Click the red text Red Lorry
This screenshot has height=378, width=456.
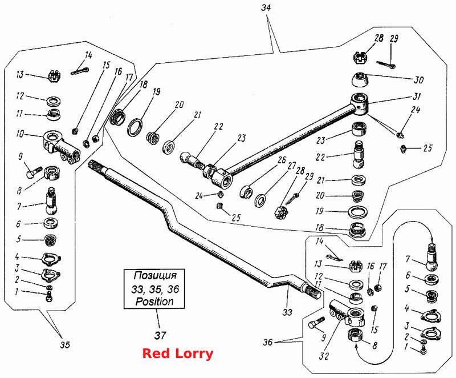click(178, 353)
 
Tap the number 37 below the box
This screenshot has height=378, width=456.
click(160, 336)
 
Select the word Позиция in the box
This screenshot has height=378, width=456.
click(155, 275)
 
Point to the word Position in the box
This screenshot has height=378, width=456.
click(154, 301)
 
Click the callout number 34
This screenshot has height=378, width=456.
click(266, 7)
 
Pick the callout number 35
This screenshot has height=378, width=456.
click(65, 344)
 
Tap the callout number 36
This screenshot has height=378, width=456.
click(267, 342)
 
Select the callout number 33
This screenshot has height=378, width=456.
click(287, 312)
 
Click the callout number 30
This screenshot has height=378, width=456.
click(418, 79)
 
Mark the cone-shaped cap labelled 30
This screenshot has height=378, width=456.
click(360, 79)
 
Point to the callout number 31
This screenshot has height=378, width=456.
click(417, 96)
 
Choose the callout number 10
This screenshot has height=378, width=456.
click(20, 134)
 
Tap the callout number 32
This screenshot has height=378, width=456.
click(324, 356)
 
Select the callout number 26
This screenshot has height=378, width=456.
click(282, 160)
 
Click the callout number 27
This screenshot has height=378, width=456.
click(292, 166)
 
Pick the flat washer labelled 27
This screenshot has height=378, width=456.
click(260, 201)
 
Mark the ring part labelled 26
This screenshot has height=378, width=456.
click(247, 192)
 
